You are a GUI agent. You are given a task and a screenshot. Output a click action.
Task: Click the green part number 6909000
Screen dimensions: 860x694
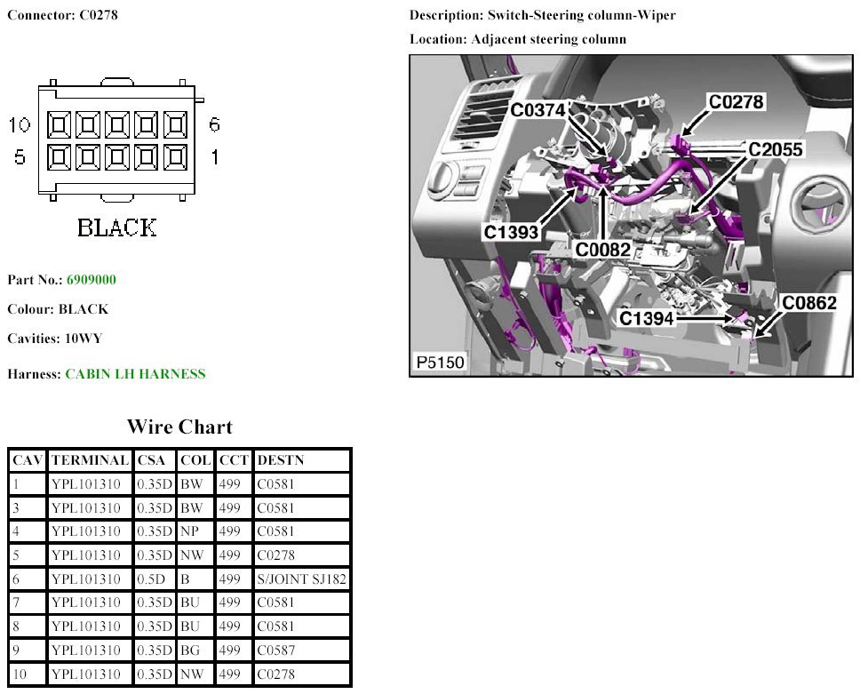click(91, 280)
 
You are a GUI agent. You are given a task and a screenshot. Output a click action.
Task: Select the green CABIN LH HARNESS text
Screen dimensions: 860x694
click(135, 374)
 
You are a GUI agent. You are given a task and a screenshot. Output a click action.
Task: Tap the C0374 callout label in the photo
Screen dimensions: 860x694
click(537, 109)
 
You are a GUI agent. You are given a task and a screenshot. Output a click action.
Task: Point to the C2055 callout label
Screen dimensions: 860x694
click(776, 149)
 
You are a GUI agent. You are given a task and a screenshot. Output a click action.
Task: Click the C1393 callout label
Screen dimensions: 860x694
click(511, 232)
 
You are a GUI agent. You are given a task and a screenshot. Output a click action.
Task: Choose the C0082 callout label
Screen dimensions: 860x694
click(602, 251)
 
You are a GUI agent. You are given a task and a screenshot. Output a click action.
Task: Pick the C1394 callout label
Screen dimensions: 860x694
click(647, 317)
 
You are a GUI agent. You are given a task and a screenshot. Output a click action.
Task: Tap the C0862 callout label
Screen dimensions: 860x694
click(809, 303)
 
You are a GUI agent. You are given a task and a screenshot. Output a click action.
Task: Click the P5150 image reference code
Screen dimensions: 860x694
click(440, 362)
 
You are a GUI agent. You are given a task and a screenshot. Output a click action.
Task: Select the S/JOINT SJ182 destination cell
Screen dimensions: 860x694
click(302, 579)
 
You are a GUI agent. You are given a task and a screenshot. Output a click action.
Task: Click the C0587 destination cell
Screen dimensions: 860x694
click(276, 650)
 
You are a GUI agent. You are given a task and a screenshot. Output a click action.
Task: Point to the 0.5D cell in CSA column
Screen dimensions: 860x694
click(151, 579)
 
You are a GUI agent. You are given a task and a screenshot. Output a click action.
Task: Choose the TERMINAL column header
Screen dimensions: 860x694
click(90, 460)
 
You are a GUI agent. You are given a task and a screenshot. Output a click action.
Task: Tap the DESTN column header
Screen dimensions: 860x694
click(280, 460)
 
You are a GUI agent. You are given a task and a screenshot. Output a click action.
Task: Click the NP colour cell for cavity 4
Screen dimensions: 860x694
click(189, 531)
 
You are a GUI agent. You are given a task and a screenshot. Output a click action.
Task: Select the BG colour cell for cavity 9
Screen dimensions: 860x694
click(190, 650)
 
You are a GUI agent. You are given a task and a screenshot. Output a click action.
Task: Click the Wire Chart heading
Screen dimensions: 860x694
click(179, 427)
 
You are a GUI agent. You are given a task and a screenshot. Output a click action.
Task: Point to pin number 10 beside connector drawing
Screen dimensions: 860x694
click(20, 124)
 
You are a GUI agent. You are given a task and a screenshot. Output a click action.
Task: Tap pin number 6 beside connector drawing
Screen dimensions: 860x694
click(214, 124)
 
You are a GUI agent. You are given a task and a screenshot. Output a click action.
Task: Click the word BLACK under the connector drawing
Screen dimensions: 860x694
click(116, 227)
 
